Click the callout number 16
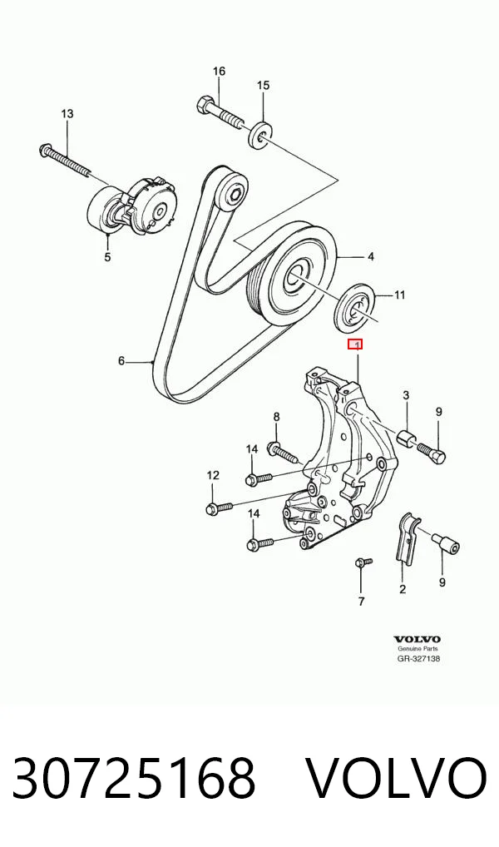[219, 72]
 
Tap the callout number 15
[263, 86]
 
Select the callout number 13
[67, 114]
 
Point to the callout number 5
[107, 257]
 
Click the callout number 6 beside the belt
[121, 361]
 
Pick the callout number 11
[399, 295]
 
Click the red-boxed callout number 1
[355, 344]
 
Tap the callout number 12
[213, 475]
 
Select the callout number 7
[361, 602]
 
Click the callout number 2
[403, 589]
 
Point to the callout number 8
[276, 417]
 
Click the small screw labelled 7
[363, 563]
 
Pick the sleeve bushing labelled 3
[407, 438]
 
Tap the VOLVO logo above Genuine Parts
[417, 640]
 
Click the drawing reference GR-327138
[418, 658]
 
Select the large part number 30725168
[133, 778]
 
